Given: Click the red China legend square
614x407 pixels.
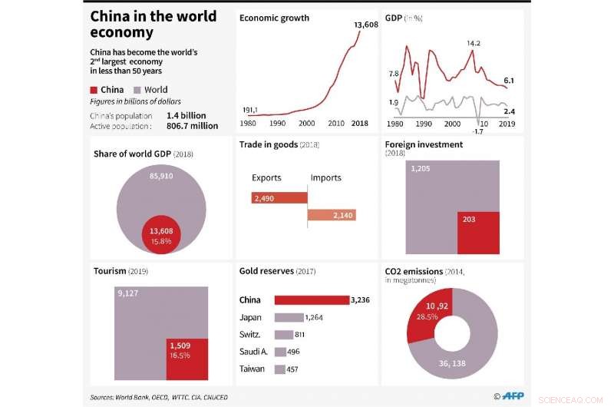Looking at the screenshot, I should click(x=94, y=90).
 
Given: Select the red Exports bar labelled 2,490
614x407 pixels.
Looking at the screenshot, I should click(x=279, y=198).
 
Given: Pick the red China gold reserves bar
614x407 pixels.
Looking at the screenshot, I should click(x=311, y=299).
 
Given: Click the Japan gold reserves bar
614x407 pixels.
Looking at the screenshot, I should click(x=289, y=317).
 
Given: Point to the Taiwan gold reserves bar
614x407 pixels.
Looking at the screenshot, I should click(x=279, y=369).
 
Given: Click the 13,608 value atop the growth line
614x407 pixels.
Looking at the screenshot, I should click(x=366, y=25).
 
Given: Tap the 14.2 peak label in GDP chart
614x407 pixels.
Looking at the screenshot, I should click(x=473, y=42).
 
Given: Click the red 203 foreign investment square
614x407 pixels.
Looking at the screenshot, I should click(x=478, y=233).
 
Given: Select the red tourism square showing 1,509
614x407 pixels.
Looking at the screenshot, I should click(x=187, y=359).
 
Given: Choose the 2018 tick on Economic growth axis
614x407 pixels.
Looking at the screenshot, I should click(x=359, y=124).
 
